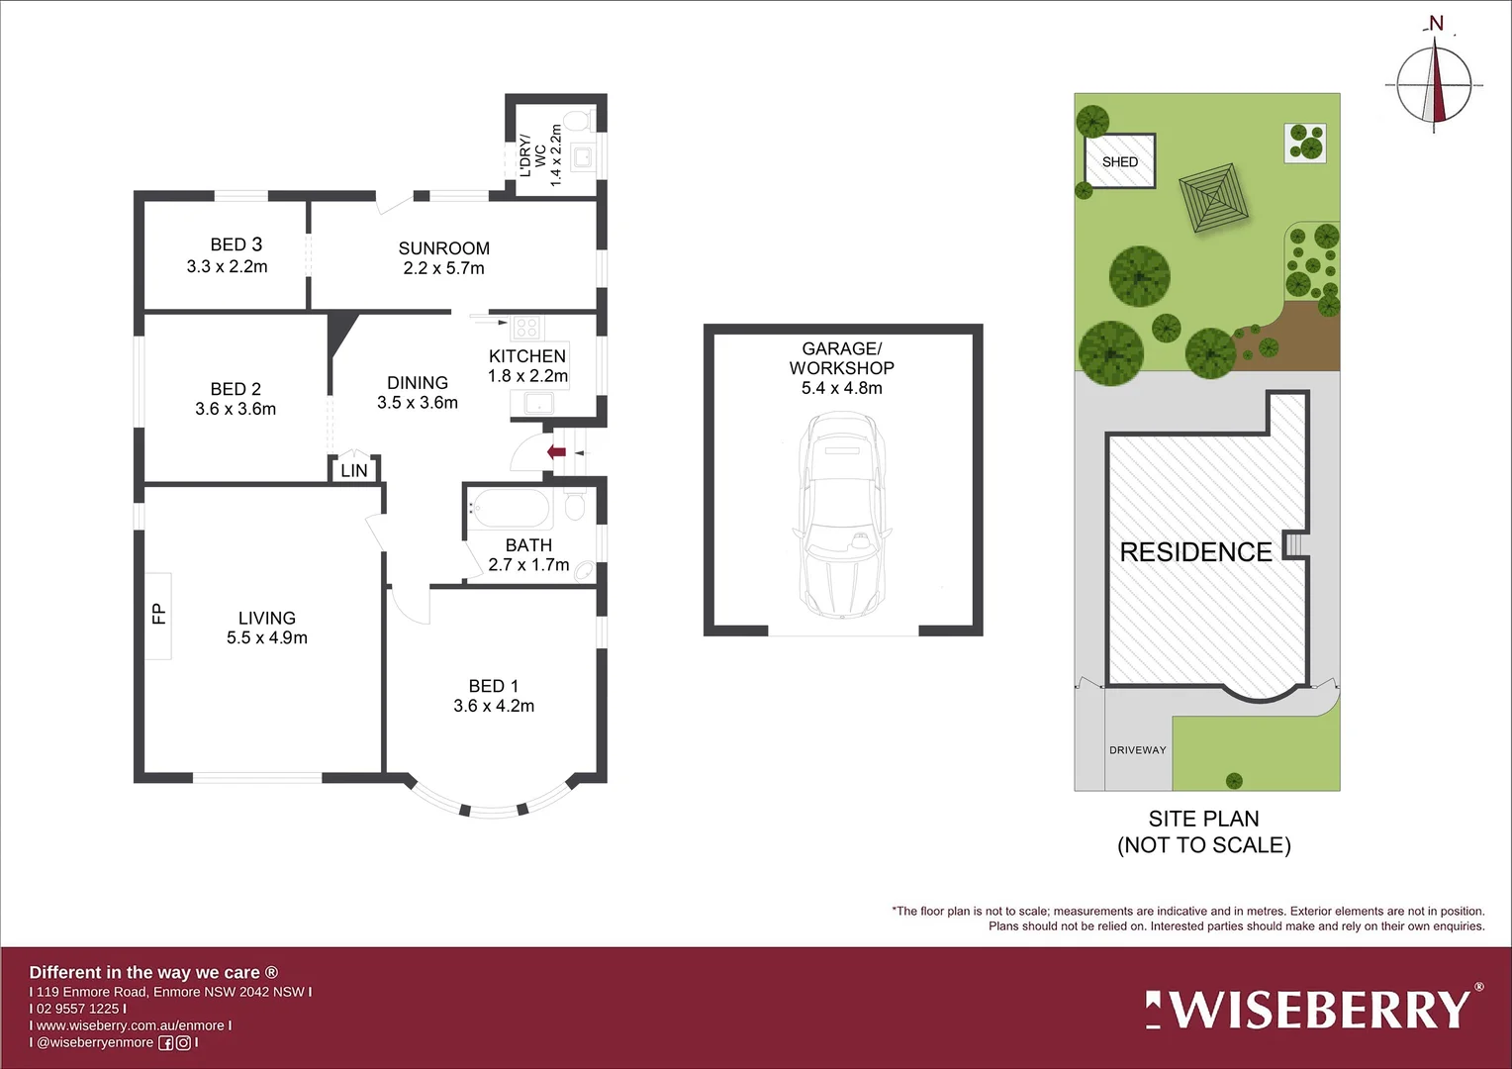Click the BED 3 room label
point(236,244)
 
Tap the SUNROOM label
point(443,248)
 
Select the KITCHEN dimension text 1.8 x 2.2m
point(527,376)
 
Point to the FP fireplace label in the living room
point(158,615)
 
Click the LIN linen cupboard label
point(353,471)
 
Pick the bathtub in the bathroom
point(510,510)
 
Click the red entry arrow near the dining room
point(557,452)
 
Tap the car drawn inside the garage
point(842,516)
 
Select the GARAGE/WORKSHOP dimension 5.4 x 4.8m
point(841,388)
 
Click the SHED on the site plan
point(1119,161)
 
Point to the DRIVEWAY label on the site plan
point(1137,750)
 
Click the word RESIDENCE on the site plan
point(1195,552)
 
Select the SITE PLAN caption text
point(1203,820)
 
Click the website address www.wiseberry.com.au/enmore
point(131,1025)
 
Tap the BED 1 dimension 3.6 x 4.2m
point(494,706)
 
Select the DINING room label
point(417,383)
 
